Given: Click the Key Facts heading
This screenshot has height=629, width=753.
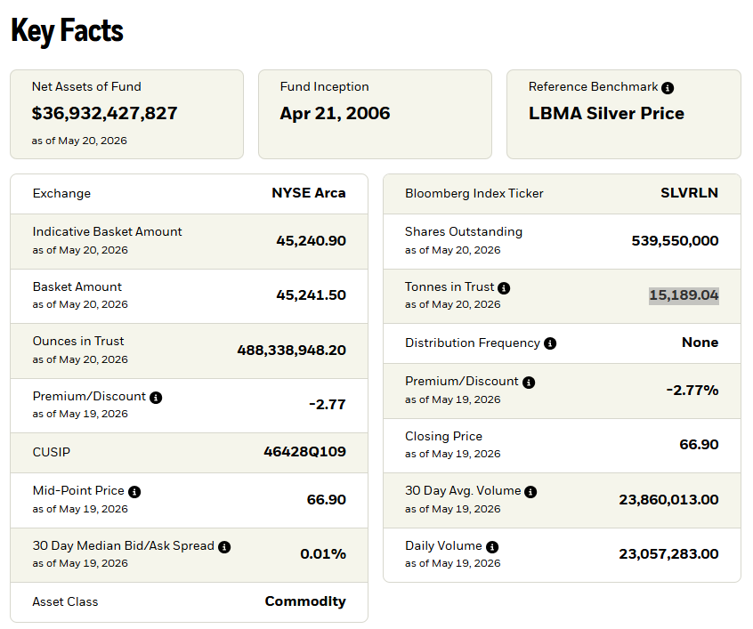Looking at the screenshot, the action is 68,31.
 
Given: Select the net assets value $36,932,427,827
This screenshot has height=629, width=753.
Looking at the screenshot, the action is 105,113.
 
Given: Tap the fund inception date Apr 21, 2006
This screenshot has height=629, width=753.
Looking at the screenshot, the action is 336,113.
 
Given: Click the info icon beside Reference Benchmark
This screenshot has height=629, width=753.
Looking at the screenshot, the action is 668,88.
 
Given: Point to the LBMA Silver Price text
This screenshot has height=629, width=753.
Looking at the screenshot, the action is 606,113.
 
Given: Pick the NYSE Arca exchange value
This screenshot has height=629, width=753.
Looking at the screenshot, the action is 309,193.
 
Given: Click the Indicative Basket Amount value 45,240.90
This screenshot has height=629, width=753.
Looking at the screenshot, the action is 312,240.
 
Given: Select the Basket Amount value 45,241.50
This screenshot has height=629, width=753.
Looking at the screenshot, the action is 312,294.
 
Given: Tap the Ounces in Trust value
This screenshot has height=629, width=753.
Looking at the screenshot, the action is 292,350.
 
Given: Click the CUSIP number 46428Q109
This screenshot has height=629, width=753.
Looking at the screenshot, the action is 305,451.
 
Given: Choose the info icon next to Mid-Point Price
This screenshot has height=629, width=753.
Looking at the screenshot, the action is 134,492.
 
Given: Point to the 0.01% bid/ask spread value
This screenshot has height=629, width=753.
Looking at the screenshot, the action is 323,554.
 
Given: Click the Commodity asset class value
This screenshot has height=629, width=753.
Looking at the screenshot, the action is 305,601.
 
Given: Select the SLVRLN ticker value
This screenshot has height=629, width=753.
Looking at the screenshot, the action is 690,193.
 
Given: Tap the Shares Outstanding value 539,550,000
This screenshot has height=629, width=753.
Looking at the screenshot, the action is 676,240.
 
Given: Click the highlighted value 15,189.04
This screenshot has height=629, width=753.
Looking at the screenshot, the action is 684,294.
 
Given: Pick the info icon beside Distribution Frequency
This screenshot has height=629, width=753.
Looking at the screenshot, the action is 550,343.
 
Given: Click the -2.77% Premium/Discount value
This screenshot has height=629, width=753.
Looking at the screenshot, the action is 692,390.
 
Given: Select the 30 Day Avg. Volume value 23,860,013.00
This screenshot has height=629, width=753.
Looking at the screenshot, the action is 669,500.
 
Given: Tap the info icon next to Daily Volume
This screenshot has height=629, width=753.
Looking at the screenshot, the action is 492,547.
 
